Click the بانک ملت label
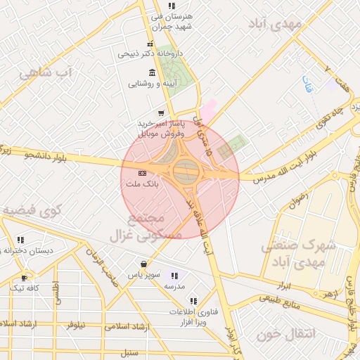(x=142, y=184)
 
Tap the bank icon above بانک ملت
(x=142, y=173)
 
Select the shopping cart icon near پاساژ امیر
(x=162, y=112)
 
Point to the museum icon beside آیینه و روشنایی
(x=153, y=73)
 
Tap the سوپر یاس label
(x=145, y=275)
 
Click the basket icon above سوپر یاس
(x=143, y=264)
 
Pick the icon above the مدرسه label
(x=174, y=276)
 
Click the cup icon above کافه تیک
(x=25, y=278)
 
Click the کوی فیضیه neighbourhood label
(x=32, y=210)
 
